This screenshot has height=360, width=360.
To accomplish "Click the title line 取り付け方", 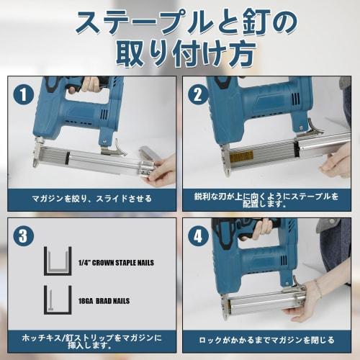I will pyautogui.click(x=180, y=53).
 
